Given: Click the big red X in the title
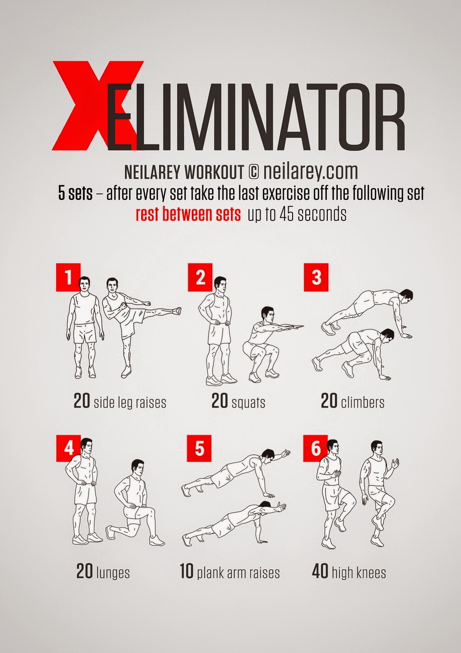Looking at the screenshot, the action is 98,105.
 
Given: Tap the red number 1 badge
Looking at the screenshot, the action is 68,277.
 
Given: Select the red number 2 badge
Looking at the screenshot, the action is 200,277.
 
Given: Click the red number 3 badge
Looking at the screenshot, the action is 316,277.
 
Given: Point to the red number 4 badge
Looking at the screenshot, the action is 68,449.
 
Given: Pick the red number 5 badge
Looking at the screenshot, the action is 199,449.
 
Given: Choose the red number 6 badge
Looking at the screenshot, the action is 316,449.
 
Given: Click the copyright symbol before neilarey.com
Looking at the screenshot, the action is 253,172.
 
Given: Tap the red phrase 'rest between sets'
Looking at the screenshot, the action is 188,214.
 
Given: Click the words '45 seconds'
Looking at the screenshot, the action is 313,214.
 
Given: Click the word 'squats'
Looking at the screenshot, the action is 249,403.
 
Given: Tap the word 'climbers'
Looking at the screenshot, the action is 363,402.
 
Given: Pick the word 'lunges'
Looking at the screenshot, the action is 113,572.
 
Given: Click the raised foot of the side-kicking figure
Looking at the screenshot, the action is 176,311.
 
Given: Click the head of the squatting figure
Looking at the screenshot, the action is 268,314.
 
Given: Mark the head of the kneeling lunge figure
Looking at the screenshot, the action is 137,468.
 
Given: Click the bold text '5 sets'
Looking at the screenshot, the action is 75,193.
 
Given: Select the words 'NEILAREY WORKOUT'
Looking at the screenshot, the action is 184,172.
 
